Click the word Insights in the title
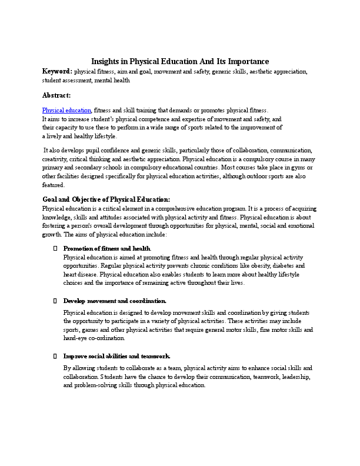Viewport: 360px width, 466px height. coord(106,61)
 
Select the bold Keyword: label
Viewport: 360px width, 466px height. coord(57,71)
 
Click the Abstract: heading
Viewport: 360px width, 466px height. coord(56,95)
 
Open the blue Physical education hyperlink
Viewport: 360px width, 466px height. coord(66,110)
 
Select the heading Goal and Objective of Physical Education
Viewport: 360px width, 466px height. coord(106,199)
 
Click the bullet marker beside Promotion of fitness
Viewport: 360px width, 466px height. coord(55,249)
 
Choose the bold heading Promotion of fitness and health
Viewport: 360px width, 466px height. coord(107,249)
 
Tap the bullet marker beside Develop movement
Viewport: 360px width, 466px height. coord(55,301)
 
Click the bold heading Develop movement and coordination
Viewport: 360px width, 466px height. coord(115,301)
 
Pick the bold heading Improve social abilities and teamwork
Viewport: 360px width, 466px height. coord(116,356)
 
